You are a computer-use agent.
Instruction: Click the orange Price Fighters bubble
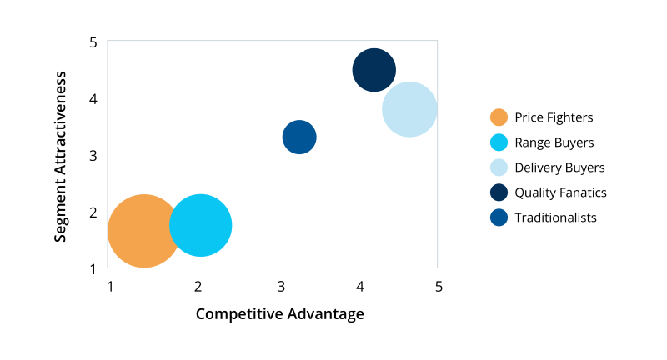[x=144, y=231]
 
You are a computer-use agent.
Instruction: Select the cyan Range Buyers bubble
[x=200, y=225]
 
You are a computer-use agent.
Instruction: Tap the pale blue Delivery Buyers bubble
[x=409, y=109]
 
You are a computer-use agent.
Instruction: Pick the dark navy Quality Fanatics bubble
[x=374, y=70]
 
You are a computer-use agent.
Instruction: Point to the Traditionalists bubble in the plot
[x=299, y=137]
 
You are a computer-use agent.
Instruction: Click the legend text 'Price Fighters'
[x=554, y=117]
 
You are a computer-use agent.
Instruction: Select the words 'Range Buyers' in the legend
[x=554, y=142]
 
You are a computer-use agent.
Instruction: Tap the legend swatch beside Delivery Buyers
[x=499, y=167]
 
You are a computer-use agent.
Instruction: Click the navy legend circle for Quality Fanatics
[x=499, y=192]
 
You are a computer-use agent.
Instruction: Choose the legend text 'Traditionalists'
[x=556, y=217]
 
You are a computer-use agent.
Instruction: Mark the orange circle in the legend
[x=499, y=117]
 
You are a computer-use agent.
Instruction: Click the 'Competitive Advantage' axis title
[x=280, y=314]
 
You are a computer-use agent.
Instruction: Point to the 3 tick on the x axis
[x=279, y=287]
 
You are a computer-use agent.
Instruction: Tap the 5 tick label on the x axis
[x=439, y=287]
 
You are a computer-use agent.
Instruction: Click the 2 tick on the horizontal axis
[x=198, y=287]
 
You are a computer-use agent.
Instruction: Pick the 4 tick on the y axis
[x=93, y=99]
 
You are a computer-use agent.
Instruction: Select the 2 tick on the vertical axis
[x=93, y=212]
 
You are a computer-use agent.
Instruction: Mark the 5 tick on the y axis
[x=93, y=42]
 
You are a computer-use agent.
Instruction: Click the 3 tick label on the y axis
[x=93, y=156]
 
